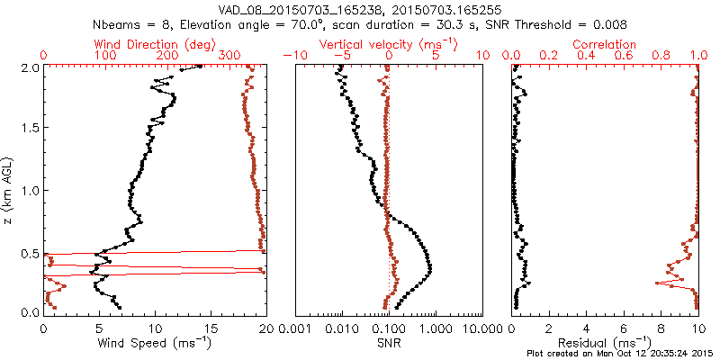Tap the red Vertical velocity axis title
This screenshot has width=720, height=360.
point(388,43)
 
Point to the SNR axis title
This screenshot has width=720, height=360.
point(389,343)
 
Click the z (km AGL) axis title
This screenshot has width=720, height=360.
point(8,190)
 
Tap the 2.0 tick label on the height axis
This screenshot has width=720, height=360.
point(31,67)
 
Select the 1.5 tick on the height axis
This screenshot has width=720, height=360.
point(31,129)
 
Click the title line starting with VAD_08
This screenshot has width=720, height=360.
point(360,8)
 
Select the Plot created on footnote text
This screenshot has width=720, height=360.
point(621,354)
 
